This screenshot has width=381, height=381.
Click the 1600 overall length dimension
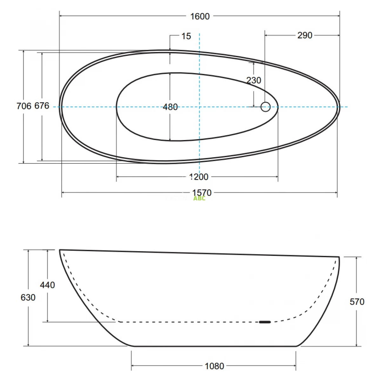tap(200, 17)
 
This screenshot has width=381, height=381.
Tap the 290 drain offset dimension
tap(305, 35)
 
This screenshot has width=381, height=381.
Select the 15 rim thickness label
tap(186, 36)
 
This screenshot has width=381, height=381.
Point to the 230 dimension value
tap(254, 80)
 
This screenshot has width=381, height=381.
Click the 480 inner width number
tap(170, 107)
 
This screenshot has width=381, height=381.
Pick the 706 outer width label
tap(24, 106)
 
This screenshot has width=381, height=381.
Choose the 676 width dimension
tap(42, 106)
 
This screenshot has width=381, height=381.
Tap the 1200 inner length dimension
tap(199, 177)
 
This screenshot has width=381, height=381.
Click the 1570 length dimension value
tap(202, 193)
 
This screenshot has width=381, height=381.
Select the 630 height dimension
tap(28, 297)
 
